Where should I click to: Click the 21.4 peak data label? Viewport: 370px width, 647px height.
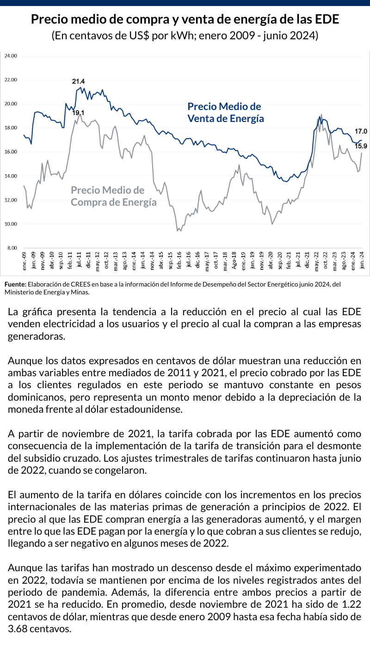click(x=79, y=82)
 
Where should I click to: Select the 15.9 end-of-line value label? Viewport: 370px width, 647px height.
click(x=361, y=146)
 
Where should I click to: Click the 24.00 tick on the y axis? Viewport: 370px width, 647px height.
click(x=10, y=56)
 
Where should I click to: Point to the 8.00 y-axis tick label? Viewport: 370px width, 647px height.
click(x=11, y=248)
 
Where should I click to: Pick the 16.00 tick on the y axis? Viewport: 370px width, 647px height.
click(x=10, y=152)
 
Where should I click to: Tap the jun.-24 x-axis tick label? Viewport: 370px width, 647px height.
click(x=362, y=261)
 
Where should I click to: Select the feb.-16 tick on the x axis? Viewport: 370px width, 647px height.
click(x=179, y=261)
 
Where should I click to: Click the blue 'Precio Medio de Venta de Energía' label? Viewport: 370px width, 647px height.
click(x=226, y=112)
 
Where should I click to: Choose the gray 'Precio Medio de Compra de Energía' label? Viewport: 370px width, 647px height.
click(x=113, y=196)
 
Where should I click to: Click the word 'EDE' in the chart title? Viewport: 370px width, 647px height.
click(x=327, y=20)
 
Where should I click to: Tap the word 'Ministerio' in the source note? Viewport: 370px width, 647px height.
click(x=19, y=293)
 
